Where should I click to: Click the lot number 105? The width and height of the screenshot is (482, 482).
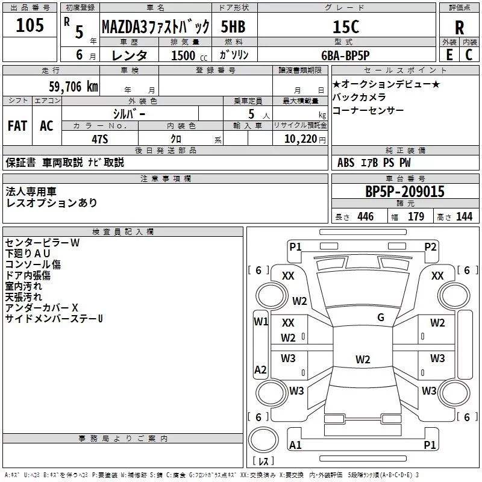30,25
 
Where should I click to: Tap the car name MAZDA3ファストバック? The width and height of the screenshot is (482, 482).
155,27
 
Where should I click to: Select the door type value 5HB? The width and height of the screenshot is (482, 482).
233,27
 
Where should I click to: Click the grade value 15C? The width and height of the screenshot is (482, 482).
346,27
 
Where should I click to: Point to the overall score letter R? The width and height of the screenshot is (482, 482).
460,28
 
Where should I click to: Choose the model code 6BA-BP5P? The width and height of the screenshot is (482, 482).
345,55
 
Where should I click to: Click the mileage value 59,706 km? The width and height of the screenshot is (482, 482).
74,87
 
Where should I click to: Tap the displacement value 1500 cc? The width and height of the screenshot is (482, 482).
189,55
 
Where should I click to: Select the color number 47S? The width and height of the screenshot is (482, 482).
100,139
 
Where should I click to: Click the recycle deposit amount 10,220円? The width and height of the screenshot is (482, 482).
305,139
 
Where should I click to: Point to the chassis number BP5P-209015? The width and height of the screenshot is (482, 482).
405,192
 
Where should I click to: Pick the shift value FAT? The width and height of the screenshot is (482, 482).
17,126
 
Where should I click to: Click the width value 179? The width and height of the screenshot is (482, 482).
416,216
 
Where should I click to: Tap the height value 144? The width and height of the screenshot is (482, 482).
464,216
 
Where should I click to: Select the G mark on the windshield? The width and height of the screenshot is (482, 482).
381,318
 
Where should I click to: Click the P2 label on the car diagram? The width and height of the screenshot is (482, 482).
430,247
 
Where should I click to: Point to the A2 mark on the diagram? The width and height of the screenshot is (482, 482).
260,369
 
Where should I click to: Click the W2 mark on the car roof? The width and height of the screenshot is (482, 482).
363,359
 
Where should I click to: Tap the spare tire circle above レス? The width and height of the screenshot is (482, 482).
263,440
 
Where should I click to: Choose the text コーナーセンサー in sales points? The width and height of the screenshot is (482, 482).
368,110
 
